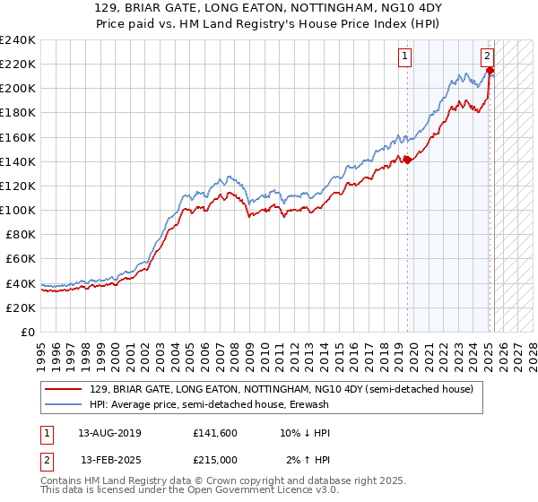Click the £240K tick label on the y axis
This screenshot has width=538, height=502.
click(18, 40)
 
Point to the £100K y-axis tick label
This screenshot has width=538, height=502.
click(18, 210)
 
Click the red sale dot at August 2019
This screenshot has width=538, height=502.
click(407, 160)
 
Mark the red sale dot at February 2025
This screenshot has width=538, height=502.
click(490, 70)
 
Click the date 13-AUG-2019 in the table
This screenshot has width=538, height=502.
click(109, 433)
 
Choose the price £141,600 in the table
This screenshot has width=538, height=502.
click(214, 433)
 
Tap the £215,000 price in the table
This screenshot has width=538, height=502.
click(214, 460)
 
